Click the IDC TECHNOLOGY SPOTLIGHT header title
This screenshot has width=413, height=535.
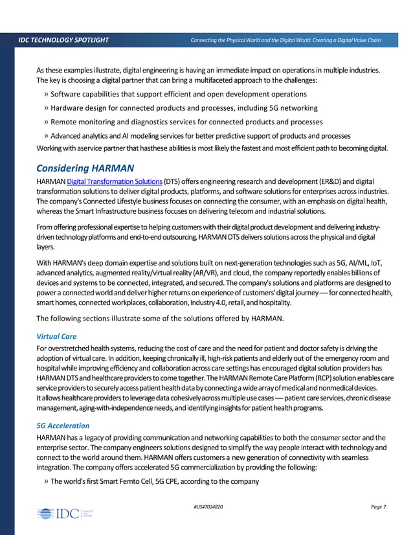click(63, 41)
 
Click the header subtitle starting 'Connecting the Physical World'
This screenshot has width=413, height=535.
click(285, 41)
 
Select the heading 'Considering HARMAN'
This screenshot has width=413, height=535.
click(85, 168)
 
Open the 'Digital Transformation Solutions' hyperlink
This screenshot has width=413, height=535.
click(114, 181)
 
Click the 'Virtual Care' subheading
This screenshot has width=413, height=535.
click(56, 336)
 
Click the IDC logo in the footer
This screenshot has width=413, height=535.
click(65, 514)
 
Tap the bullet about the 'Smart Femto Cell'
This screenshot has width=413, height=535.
click(154, 481)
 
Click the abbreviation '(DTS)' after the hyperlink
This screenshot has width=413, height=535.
click(172, 181)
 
